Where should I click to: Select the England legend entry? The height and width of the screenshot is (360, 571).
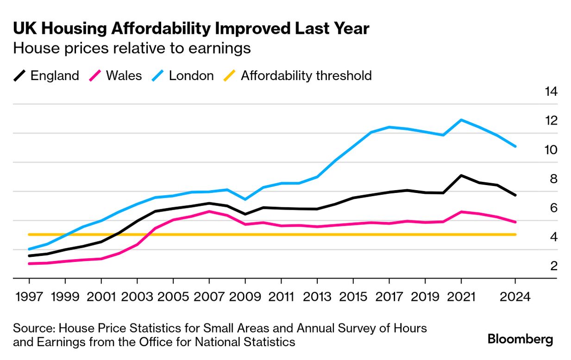[46, 75]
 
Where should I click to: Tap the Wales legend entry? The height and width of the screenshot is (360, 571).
[116, 75]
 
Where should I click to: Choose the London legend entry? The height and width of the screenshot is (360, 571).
[183, 75]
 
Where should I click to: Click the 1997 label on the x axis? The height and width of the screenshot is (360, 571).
[29, 297]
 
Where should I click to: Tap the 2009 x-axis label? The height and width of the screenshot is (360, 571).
[245, 297]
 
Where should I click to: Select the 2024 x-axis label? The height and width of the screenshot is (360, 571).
[515, 297]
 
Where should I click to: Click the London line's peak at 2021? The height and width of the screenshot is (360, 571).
[461, 120]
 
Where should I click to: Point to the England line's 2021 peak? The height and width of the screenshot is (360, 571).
[461, 175]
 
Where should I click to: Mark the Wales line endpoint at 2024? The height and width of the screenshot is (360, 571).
[515, 222]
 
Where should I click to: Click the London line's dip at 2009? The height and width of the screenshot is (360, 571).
[245, 199]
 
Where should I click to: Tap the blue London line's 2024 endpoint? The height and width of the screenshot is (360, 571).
[515, 146]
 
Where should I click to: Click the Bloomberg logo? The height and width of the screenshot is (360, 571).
[520, 339]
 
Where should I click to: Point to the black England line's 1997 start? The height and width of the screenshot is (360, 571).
[29, 255]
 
